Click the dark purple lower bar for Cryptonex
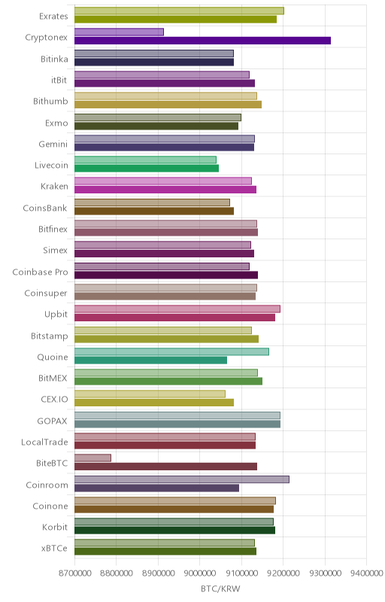pyautogui.click(x=202, y=41)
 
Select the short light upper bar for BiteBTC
pyautogui.click(x=92, y=458)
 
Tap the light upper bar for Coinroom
pyautogui.click(x=182, y=479)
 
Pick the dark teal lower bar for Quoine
pyautogui.click(x=150, y=360)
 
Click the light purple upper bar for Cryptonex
pyautogui.click(x=120, y=32)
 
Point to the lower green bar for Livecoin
pyautogui.click(x=147, y=168)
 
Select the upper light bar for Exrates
pyautogui.click(x=179, y=11)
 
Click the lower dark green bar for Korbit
pyautogui.click(x=175, y=531)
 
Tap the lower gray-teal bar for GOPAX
pyautogui.click(x=177, y=424)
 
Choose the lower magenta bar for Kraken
pyautogui.click(x=165, y=190)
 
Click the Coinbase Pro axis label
pyautogui.click(x=41, y=272)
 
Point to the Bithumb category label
pyautogui.click(x=50, y=102)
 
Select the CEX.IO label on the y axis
pyautogui.click(x=54, y=400)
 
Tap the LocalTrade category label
pyautogui.click(x=44, y=442)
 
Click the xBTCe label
pyautogui.click(x=54, y=549)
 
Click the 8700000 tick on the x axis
pyautogui.click(x=74, y=573)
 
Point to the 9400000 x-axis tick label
pyautogui.click(x=366, y=573)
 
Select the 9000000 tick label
pyautogui.click(x=200, y=573)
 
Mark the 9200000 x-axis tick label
pyautogui.click(x=283, y=573)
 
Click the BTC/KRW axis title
pyautogui.click(x=220, y=589)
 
